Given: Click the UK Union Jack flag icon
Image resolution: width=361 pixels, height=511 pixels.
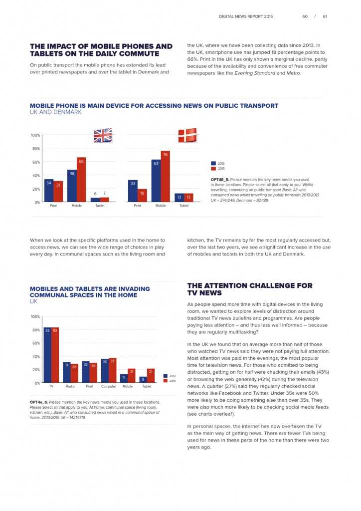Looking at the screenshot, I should [103, 135].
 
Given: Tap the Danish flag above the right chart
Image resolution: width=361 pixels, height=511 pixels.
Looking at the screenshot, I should [187, 135].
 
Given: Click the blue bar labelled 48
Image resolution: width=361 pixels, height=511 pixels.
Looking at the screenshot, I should [72, 186].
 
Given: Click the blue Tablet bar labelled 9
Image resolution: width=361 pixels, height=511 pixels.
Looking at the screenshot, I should [143, 379].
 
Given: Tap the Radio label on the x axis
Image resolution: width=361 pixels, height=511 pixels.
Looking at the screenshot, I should [70, 387].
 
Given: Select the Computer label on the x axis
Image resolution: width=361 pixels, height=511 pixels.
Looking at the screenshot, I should [108, 387].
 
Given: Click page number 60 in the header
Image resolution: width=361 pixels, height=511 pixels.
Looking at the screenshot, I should [305, 16].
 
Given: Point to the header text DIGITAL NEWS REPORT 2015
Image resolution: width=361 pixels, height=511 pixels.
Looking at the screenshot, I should [246, 16].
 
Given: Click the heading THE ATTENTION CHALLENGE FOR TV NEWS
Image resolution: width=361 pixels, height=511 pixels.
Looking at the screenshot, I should [250, 289].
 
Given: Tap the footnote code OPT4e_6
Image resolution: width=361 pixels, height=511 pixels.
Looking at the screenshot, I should [38, 402].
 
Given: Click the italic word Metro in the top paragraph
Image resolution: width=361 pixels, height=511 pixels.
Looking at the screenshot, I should [293, 73].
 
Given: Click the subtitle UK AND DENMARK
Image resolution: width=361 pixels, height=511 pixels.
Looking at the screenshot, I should [55, 112].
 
